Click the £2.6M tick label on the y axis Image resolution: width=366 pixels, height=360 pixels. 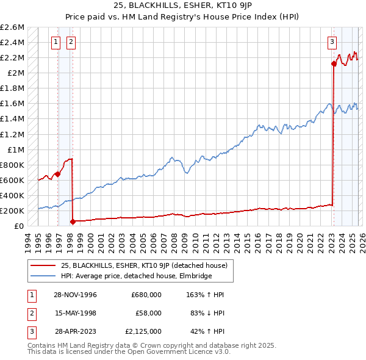click(12, 27)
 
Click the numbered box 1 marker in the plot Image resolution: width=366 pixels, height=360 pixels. click(56, 42)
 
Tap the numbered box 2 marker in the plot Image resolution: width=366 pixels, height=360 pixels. click(71, 42)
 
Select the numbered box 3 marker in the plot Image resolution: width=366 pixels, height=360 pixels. click(332, 42)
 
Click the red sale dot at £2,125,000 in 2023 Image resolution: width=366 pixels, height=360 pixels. click(334, 63)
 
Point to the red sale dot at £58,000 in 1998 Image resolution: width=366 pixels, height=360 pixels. click(73, 221)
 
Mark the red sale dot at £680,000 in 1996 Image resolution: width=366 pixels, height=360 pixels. click(58, 174)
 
